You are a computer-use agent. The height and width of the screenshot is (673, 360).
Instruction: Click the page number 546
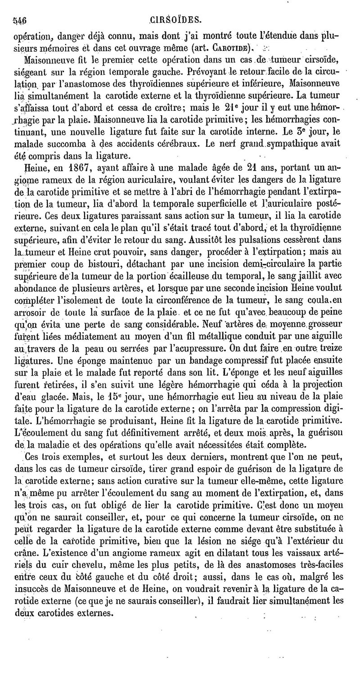[x=21, y=20]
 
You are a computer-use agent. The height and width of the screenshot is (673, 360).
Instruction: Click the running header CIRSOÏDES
[x=175, y=20]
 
